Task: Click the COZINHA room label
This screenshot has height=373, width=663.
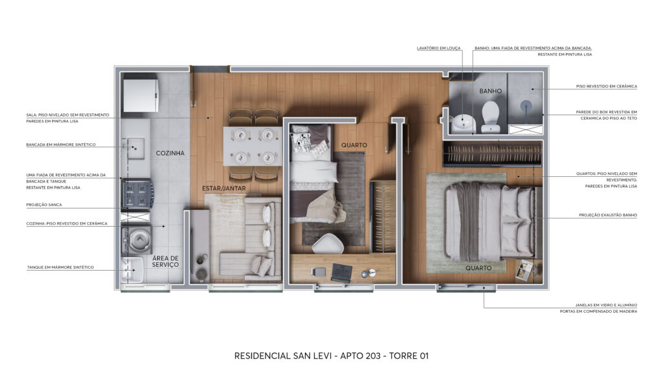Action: [170, 153]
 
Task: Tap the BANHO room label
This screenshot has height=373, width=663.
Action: [491, 91]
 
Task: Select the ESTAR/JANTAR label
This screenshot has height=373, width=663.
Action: [223, 188]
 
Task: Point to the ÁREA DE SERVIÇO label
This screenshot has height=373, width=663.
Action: [165, 262]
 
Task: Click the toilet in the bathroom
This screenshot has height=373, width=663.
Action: [491, 115]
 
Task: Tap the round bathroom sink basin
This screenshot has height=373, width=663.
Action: [464, 123]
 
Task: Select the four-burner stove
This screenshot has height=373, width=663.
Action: [137, 193]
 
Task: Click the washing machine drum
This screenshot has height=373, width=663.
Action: [139, 240]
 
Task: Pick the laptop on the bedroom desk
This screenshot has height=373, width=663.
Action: [342, 273]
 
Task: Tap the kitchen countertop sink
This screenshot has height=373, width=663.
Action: [135, 148]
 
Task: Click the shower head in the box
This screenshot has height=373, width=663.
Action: [526, 106]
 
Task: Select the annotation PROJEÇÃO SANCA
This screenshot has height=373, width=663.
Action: [44, 205]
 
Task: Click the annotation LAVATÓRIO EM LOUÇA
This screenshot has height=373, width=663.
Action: [439, 48]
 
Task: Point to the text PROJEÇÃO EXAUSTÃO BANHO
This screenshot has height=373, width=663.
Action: [608, 215]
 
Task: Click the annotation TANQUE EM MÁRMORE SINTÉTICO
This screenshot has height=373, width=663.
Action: [60, 267]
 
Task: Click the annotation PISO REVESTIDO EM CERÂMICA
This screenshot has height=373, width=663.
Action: [606, 86]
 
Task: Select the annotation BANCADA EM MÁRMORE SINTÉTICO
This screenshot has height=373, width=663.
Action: [61, 144]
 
